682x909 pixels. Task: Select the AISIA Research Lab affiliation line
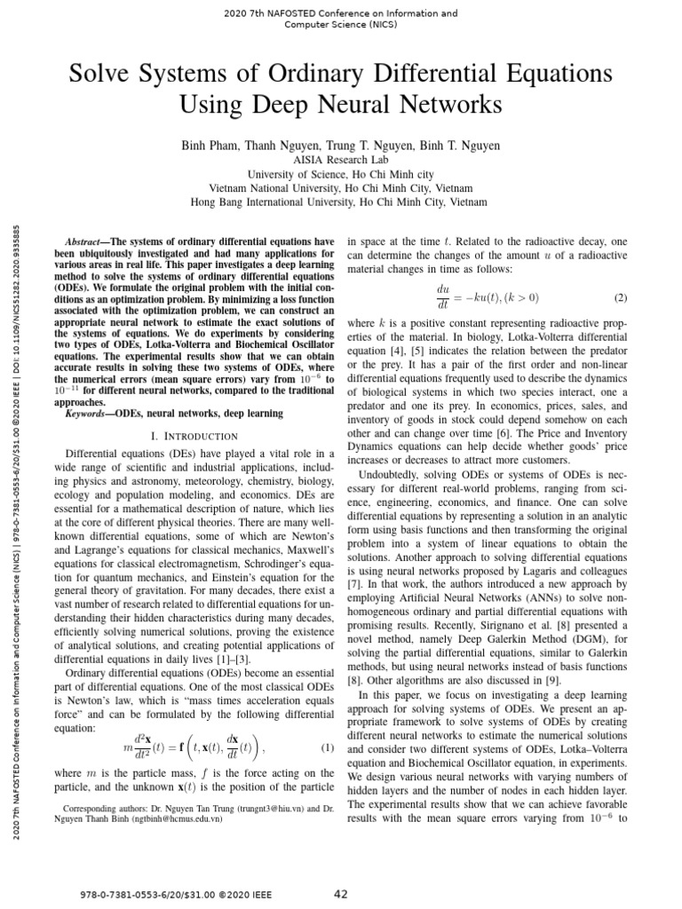pyautogui.click(x=340, y=160)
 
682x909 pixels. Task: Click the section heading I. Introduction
pyautogui.click(x=194, y=436)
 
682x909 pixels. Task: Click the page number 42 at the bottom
pyautogui.click(x=340, y=894)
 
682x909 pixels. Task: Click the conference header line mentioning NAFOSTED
pyautogui.click(x=340, y=13)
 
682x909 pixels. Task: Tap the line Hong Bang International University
pyautogui.click(x=340, y=202)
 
